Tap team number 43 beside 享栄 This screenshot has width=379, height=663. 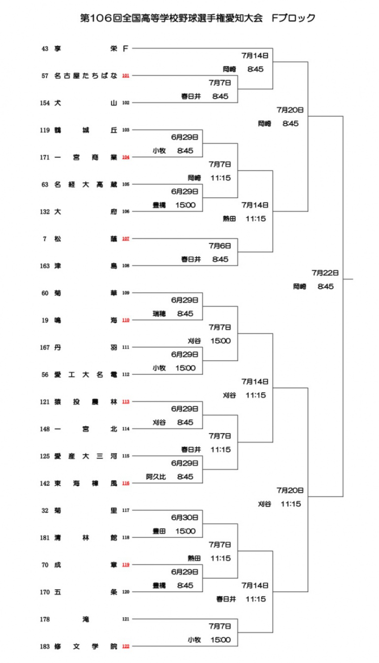coord(45,48)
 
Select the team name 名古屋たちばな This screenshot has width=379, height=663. coord(86,76)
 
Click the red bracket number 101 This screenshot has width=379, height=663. coord(126,76)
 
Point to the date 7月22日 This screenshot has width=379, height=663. coord(325,272)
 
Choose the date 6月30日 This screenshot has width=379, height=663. coord(185,517)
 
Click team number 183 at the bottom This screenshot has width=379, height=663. coord(45,646)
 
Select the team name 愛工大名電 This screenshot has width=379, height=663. coord(86,374)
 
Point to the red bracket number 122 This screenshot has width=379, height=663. coord(126,646)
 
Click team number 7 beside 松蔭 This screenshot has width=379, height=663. coord(45,239)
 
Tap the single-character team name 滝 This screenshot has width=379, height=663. coord(86,619)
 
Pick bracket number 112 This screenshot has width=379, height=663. coord(126,374)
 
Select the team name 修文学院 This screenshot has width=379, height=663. coord(86,646)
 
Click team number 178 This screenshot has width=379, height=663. coord(45,619)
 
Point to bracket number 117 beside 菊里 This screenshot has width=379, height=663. coord(126,510)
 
